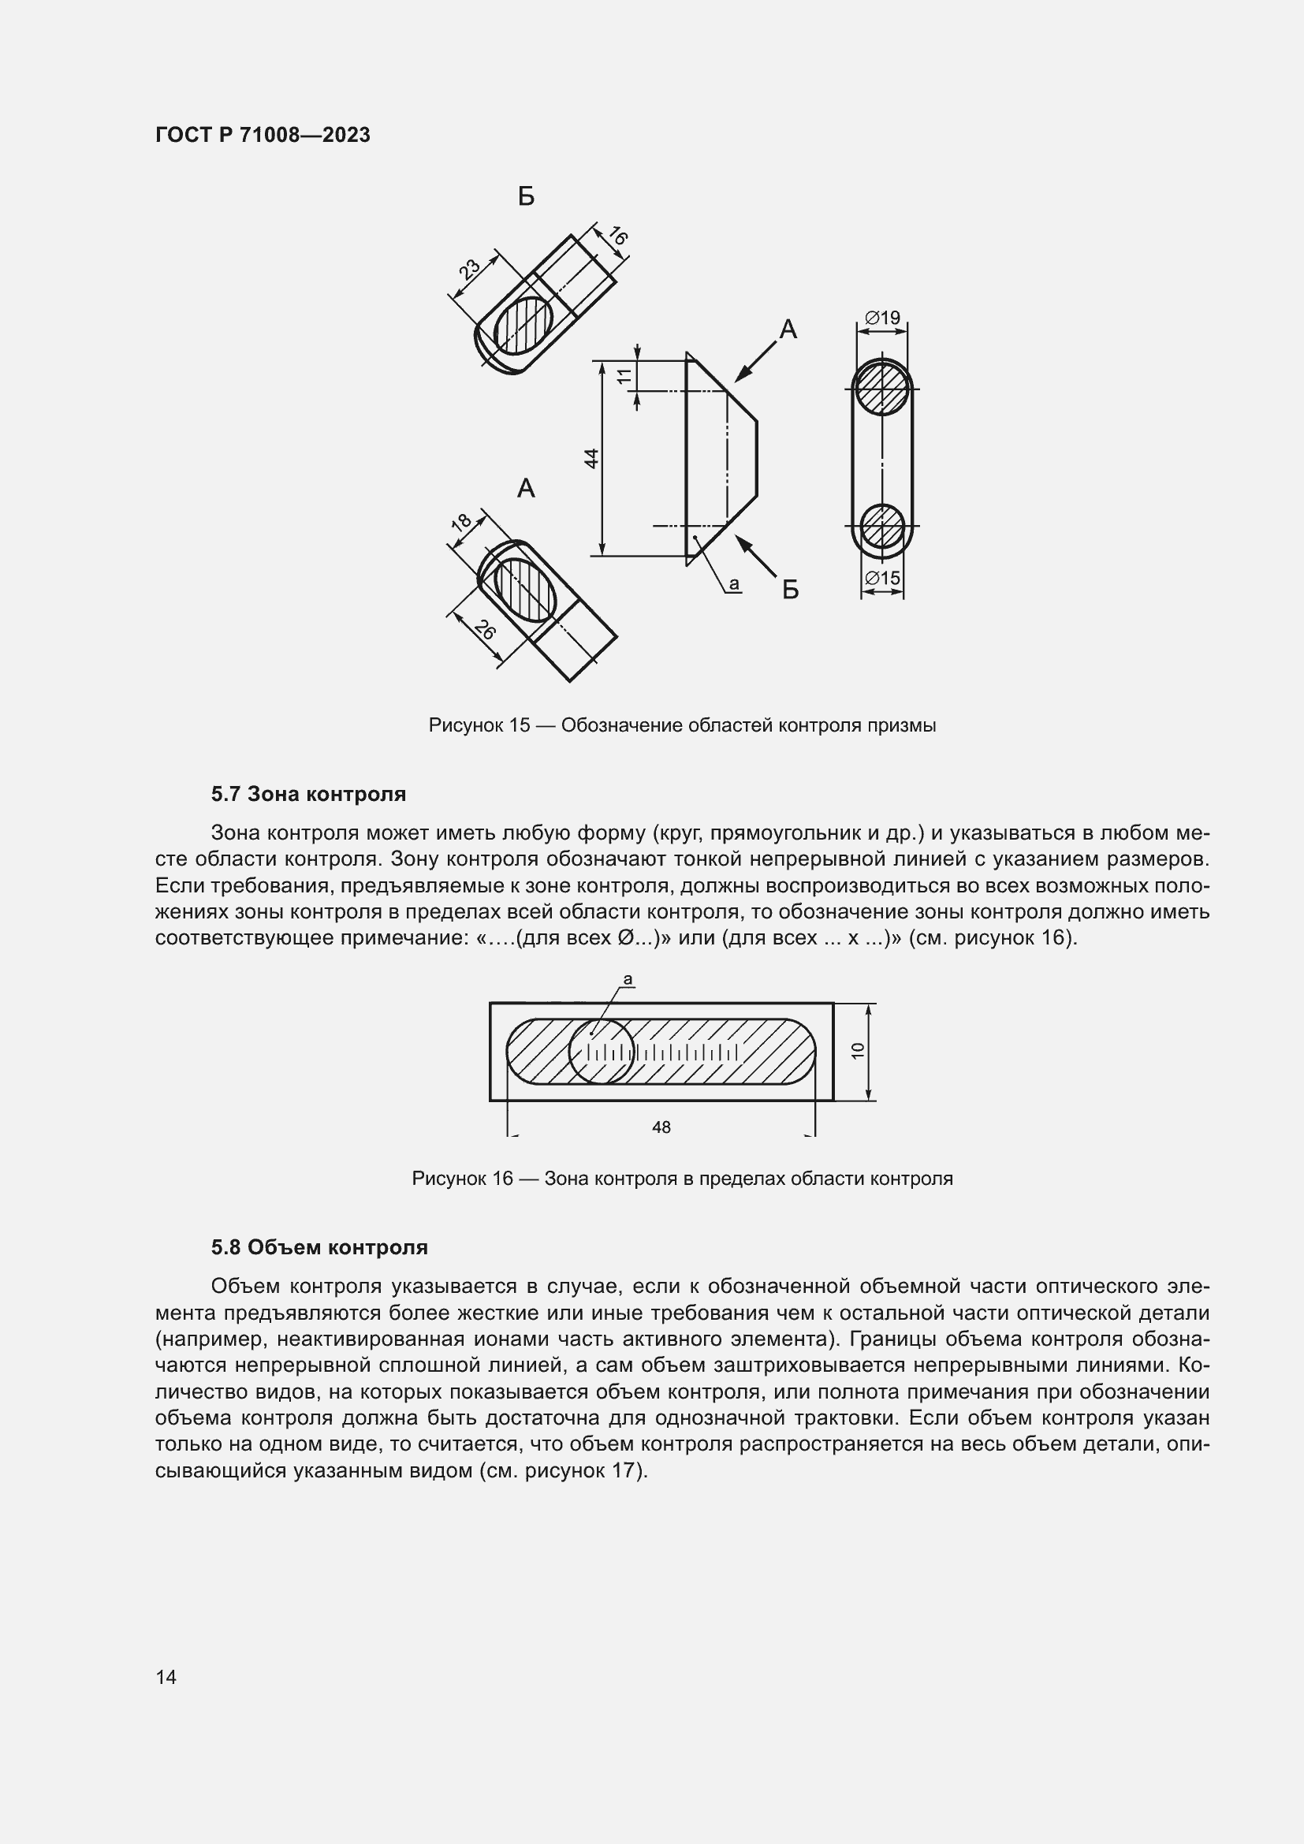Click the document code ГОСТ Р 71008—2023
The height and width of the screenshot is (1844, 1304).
tap(263, 135)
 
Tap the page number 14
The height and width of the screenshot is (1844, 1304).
tap(166, 1677)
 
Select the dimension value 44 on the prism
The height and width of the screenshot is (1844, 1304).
tap(591, 459)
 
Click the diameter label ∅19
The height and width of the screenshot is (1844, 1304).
tap(882, 318)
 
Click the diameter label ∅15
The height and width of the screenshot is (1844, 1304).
tap(882, 578)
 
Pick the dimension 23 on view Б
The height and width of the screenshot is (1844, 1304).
tap(469, 267)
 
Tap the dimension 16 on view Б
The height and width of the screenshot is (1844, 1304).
tap(617, 237)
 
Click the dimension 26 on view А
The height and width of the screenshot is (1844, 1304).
tap(484, 631)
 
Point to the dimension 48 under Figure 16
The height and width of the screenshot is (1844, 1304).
tap(661, 1127)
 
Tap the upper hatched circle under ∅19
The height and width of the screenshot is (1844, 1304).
tap(881, 389)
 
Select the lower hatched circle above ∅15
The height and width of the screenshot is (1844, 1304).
tap(881, 526)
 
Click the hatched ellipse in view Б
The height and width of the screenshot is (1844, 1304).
tap(523, 326)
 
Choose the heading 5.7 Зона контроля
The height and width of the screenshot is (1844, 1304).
tap(308, 795)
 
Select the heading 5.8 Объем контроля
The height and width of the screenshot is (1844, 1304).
tap(319, 1247)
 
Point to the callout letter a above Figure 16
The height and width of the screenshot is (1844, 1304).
tap(628, 979)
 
